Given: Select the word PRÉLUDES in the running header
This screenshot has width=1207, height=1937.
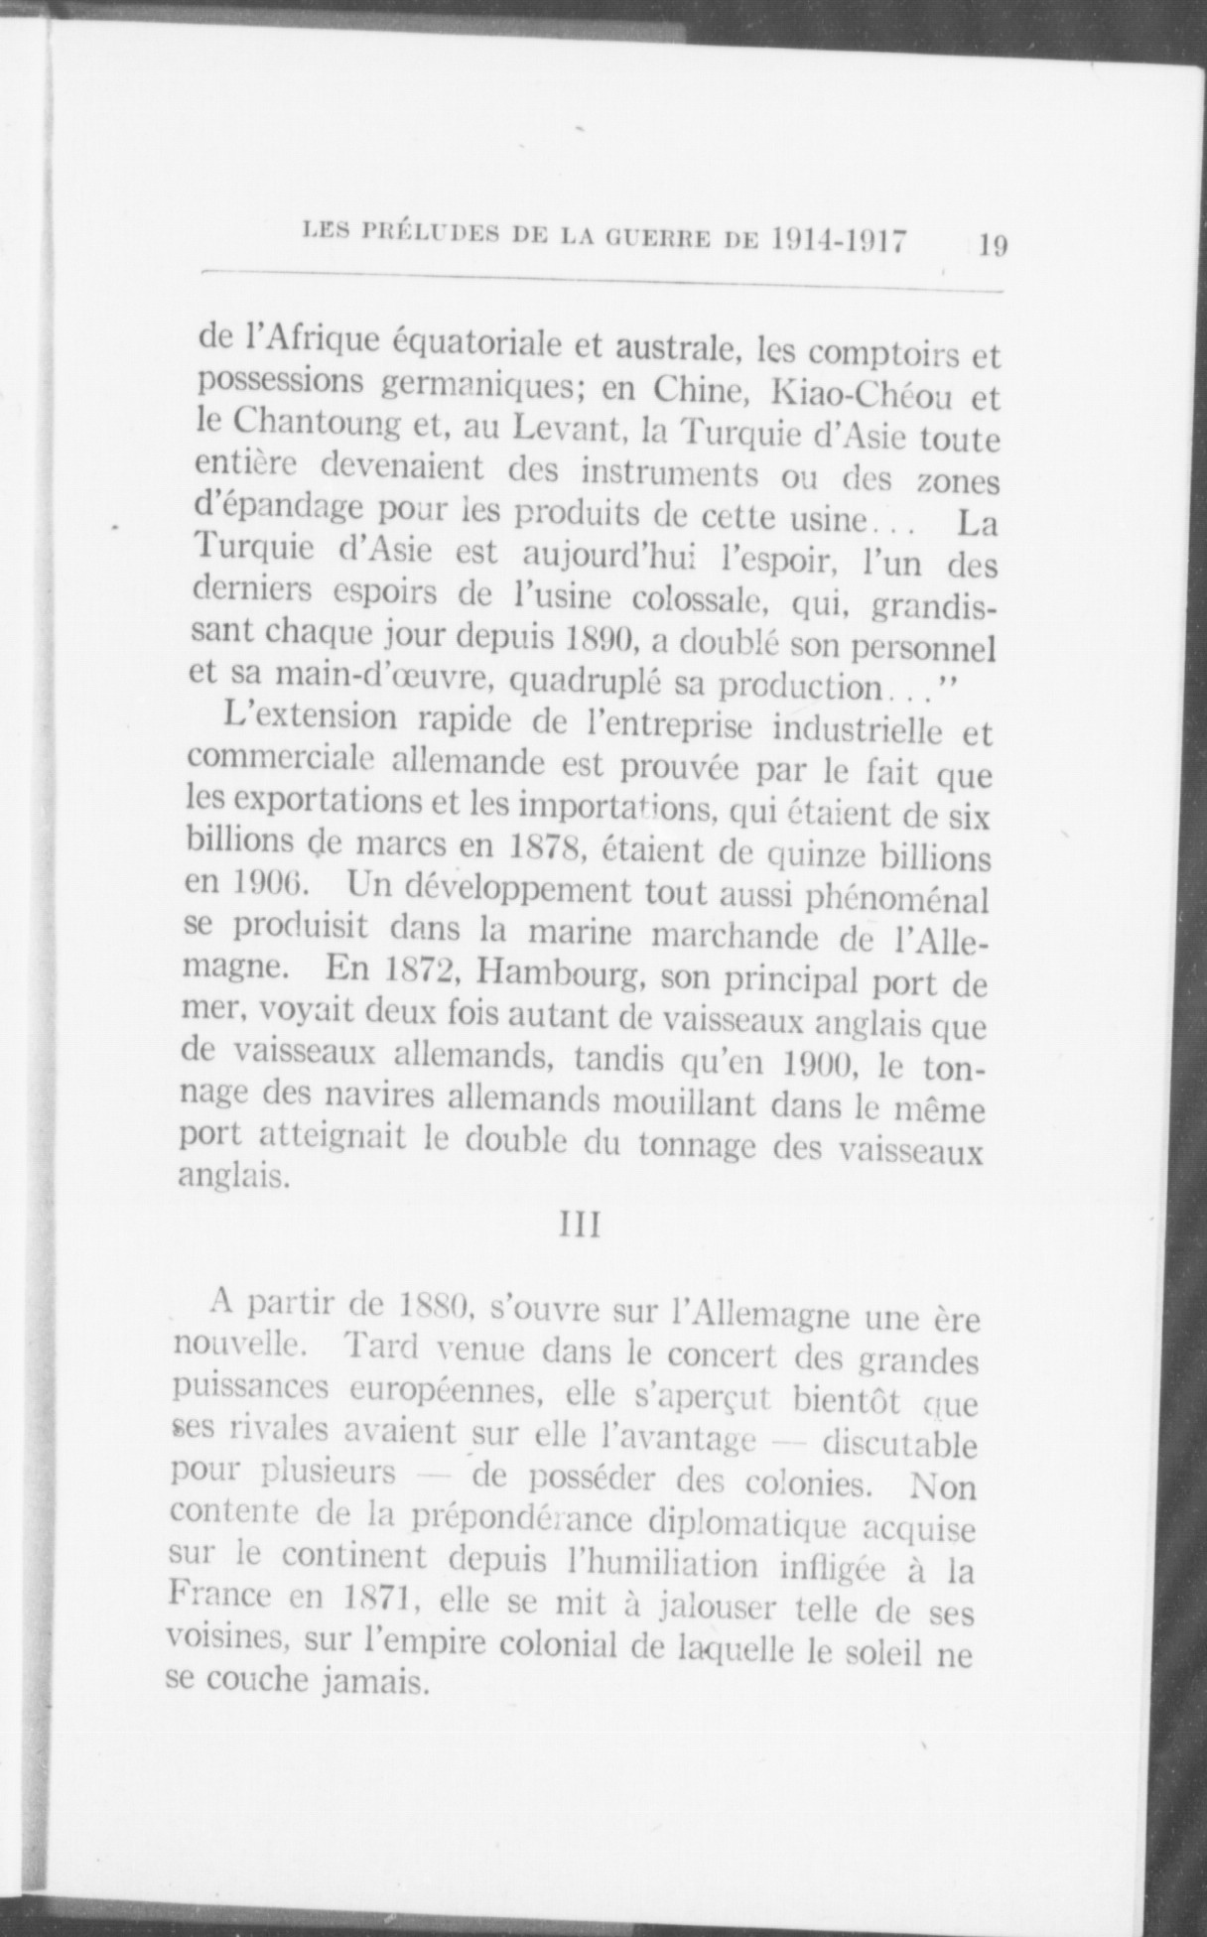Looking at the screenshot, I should (x=426, y=237).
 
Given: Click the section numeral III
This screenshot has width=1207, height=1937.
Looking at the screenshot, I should (x=580, y=1227).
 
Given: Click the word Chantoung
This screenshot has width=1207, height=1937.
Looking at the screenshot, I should (x=321, y=428).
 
